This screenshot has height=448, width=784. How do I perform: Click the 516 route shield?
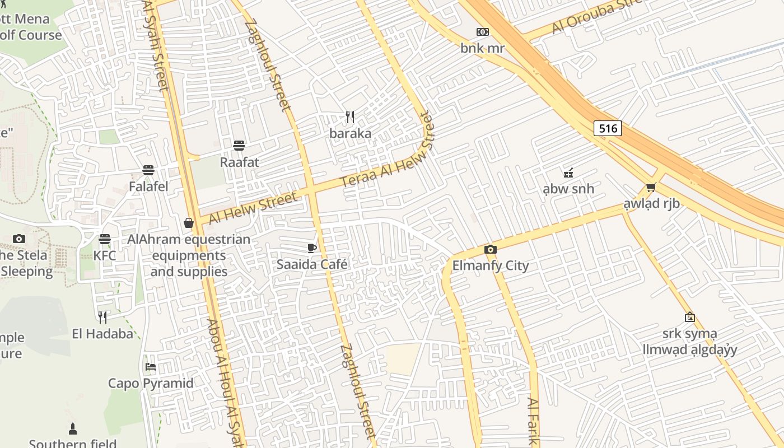(608, 128)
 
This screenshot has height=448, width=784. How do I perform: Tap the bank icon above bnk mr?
(482, 32)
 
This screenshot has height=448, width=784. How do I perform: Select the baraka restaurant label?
(350, 133)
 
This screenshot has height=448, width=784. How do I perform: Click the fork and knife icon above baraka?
(350, 117)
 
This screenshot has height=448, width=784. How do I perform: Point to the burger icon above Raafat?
(239, 146)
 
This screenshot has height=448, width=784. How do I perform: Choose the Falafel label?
(148, 186)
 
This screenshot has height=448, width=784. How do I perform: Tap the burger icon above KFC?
(104, 239)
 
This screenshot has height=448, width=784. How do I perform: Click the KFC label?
(105, 255)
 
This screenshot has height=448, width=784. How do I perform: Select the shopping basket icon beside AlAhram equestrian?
(189, 223)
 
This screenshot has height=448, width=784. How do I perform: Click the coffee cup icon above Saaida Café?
(312, 248)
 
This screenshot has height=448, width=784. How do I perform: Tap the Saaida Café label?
(312, 264)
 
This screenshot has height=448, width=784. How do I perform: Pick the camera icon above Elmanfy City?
(490, 249)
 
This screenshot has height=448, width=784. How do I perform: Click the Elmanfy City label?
(490, 265)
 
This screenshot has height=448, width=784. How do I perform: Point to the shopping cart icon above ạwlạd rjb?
(651, 188)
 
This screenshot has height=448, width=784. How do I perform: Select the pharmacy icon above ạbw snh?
(568, 172)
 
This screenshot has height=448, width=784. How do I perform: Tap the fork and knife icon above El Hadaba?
(102, 318)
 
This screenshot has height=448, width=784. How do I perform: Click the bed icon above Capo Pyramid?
(151, 367)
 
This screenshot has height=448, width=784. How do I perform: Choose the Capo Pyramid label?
(151, 383)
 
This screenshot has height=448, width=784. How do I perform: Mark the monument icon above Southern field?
(72, 429)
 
